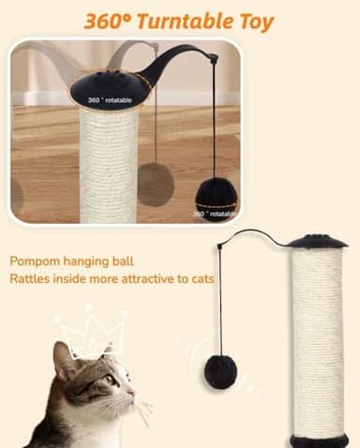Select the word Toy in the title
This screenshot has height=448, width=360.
(x=253, y=22)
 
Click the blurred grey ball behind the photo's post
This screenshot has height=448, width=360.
(x=155, y=183)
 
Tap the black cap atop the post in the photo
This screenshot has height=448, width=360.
(x=110, y=90)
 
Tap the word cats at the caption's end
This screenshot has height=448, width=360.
(x=200, y=279)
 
